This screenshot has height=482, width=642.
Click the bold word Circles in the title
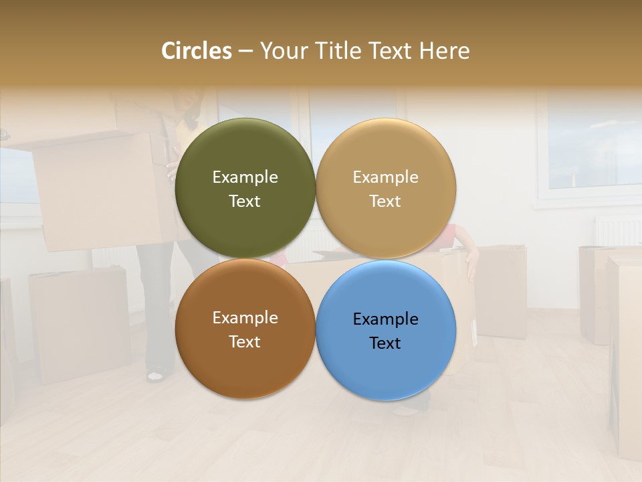(196, 51)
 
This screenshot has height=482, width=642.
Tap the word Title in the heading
(339, 51)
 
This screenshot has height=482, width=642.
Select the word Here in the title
(444, 51)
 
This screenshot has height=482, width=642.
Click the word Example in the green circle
(245, 177)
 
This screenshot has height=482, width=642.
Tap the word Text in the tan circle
(385, 202)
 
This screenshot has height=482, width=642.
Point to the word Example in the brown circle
(245, 318)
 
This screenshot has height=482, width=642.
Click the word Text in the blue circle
(385, 343)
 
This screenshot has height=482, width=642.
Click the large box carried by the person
(100, 191)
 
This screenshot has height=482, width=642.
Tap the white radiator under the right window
(617, 231)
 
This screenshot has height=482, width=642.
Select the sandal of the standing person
(155, 376)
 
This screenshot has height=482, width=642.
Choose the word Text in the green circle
(245, 202)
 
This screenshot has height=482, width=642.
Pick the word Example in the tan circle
(385, 177)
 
